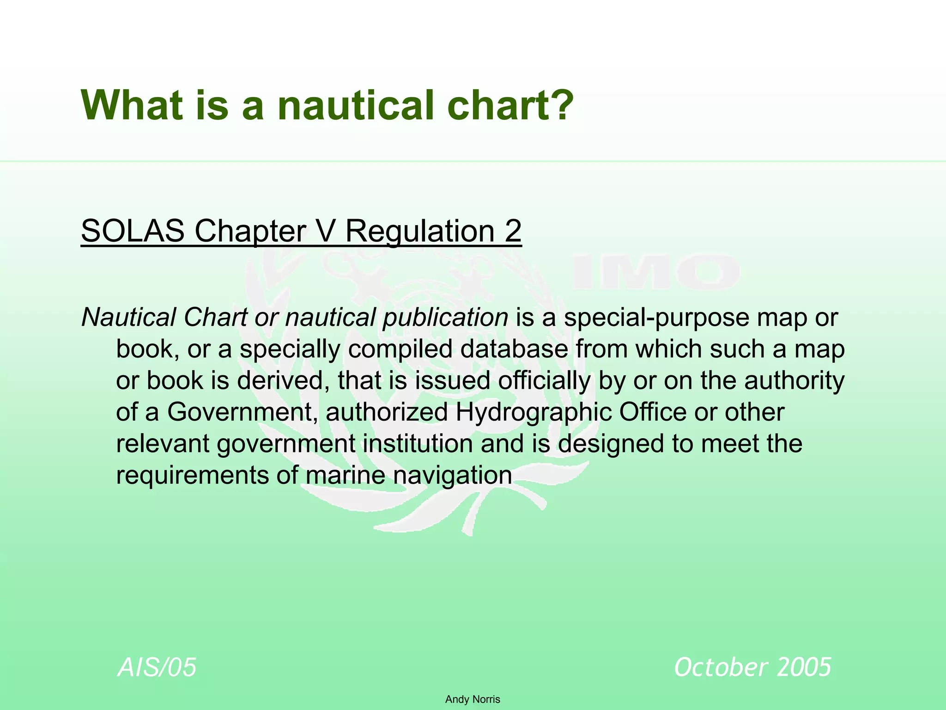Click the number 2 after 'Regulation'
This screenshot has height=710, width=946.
[513, 231]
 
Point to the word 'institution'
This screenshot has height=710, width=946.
[418, 444]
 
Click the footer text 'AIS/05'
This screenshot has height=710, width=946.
[158, 667]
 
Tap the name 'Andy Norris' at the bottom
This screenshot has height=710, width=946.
[473, 699]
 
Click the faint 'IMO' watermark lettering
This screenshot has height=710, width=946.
[656, 273]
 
